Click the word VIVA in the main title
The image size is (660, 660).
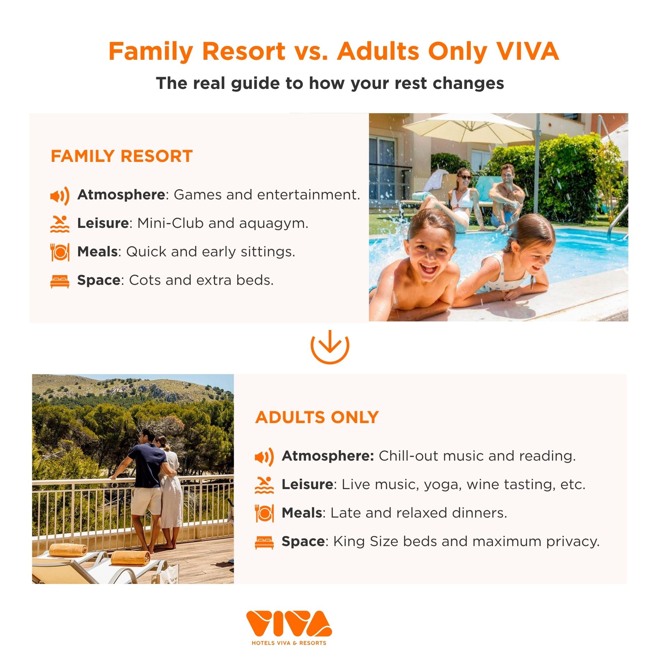pyautogui.click(x=527, y=51)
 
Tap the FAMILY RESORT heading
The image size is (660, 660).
pyautogui.click(x=122, y=156)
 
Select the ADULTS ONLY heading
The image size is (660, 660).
pyautogui.click(x=317, y=417)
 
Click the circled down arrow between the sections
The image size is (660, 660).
pyautogui.click(x=330, y=346)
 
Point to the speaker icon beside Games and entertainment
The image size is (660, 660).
pyautogui.click(x=60, y=196)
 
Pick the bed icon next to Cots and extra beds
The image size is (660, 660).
pyautogui.click(x=60, y=281)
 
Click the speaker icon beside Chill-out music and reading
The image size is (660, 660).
pyautogui.click(x=264, y=457)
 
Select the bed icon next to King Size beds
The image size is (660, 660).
pyautogui.click(x=264, y=543)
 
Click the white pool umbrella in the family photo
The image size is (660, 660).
pyautogui.click(x=469, y=129)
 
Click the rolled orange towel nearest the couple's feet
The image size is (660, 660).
pyautogui.click(x=131, y=558)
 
